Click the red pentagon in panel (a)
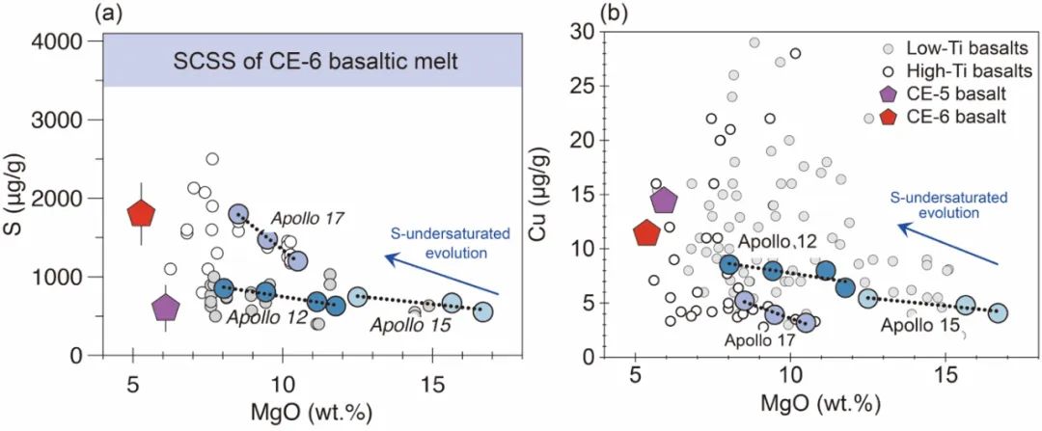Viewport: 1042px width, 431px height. tap(142, 213)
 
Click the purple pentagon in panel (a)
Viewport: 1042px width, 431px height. tap(166, 308)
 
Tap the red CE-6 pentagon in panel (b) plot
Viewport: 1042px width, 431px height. tap(646, 232)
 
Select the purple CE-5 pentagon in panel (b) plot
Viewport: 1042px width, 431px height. tap(664, 201)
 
